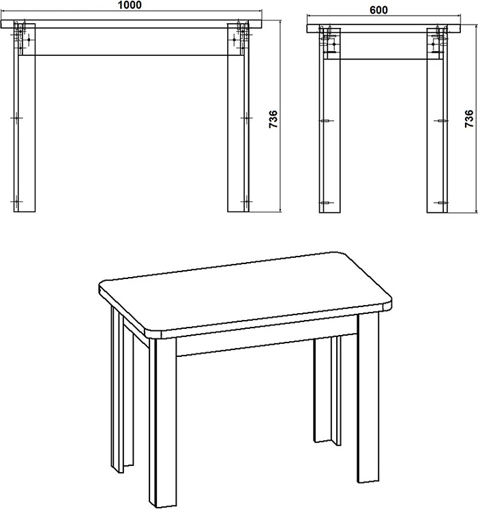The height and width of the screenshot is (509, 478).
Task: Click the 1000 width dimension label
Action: point(130,5)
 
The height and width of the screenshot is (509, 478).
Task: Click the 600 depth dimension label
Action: point(378,10)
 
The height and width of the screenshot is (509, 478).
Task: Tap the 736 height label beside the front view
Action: point(273,119)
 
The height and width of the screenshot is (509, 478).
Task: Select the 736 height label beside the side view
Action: point(469,119)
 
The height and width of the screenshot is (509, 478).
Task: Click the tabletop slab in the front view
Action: point(131,24)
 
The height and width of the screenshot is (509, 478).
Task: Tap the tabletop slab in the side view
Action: point(384,29)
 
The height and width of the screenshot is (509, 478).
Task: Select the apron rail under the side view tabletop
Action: point(384,46)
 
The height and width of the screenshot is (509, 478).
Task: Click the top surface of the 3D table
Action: point(245,291)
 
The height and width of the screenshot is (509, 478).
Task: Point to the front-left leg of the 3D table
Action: point(163,422)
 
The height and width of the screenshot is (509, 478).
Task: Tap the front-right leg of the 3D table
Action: point(368,398)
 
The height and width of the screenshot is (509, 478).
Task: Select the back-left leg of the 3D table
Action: point(122,390)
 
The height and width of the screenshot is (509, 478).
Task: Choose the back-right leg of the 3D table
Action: point(327,390)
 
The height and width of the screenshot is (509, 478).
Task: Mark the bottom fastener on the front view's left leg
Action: point(16,201)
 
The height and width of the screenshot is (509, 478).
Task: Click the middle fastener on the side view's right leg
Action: point(441,121)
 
